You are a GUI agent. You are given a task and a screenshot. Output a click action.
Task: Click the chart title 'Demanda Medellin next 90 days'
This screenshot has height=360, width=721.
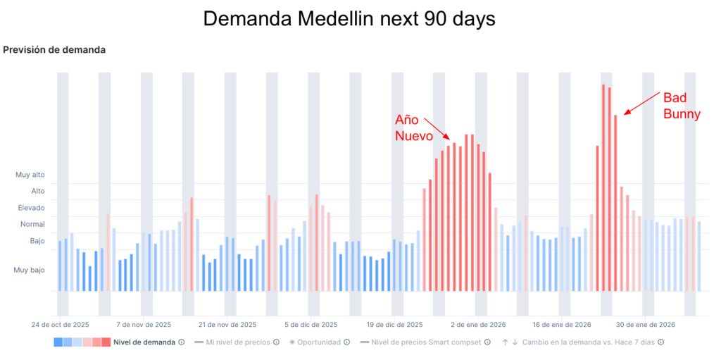point(349,19)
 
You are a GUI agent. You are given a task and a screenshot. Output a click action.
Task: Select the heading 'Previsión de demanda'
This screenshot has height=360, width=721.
point(54,50)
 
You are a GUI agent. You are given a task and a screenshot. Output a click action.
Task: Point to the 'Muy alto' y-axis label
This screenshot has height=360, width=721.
point(30,175)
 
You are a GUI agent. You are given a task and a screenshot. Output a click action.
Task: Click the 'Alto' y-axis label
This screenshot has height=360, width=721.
point(38,191)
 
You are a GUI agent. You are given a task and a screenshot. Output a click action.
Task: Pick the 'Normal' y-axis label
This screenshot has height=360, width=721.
point(32,224)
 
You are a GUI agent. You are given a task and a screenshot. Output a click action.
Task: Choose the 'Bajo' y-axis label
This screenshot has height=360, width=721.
point(37,241)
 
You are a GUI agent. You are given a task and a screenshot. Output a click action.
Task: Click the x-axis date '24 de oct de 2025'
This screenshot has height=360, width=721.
point(60,325)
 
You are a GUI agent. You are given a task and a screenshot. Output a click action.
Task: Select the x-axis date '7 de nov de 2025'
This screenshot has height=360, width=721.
point(144,325)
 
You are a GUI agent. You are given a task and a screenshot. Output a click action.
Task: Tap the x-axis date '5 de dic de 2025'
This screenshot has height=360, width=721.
point(311,325)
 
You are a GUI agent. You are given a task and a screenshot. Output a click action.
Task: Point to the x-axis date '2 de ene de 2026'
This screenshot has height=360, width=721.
point(478,325)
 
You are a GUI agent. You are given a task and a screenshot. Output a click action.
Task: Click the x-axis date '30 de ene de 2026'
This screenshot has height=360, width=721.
point(646,325)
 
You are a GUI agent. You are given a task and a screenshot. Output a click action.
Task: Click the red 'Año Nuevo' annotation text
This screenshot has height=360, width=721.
point(413,128)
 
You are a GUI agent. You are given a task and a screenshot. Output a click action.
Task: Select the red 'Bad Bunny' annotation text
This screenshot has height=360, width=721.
point(682,106)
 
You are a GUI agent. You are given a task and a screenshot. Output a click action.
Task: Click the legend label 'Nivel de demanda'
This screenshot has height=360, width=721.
point(144,342)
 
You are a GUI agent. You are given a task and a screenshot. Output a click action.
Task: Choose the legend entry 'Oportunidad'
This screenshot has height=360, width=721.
point(318,342)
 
